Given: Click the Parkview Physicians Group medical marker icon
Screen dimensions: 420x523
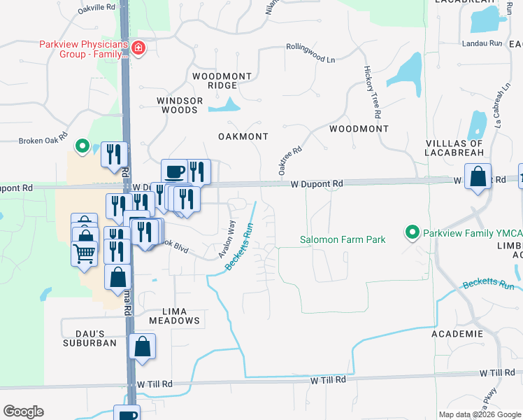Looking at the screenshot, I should click(138, 49).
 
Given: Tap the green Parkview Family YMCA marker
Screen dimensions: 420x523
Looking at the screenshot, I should click(413, 231).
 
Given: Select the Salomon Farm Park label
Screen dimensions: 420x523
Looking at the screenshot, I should click(343, 240).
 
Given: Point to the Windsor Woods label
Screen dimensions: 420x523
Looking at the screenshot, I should click(180, 105).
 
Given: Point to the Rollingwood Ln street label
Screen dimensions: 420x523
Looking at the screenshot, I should click(310, 53).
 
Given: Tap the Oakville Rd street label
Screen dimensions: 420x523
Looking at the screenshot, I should click(97, 7).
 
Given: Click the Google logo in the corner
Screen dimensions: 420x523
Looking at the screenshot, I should click(23, 412).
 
